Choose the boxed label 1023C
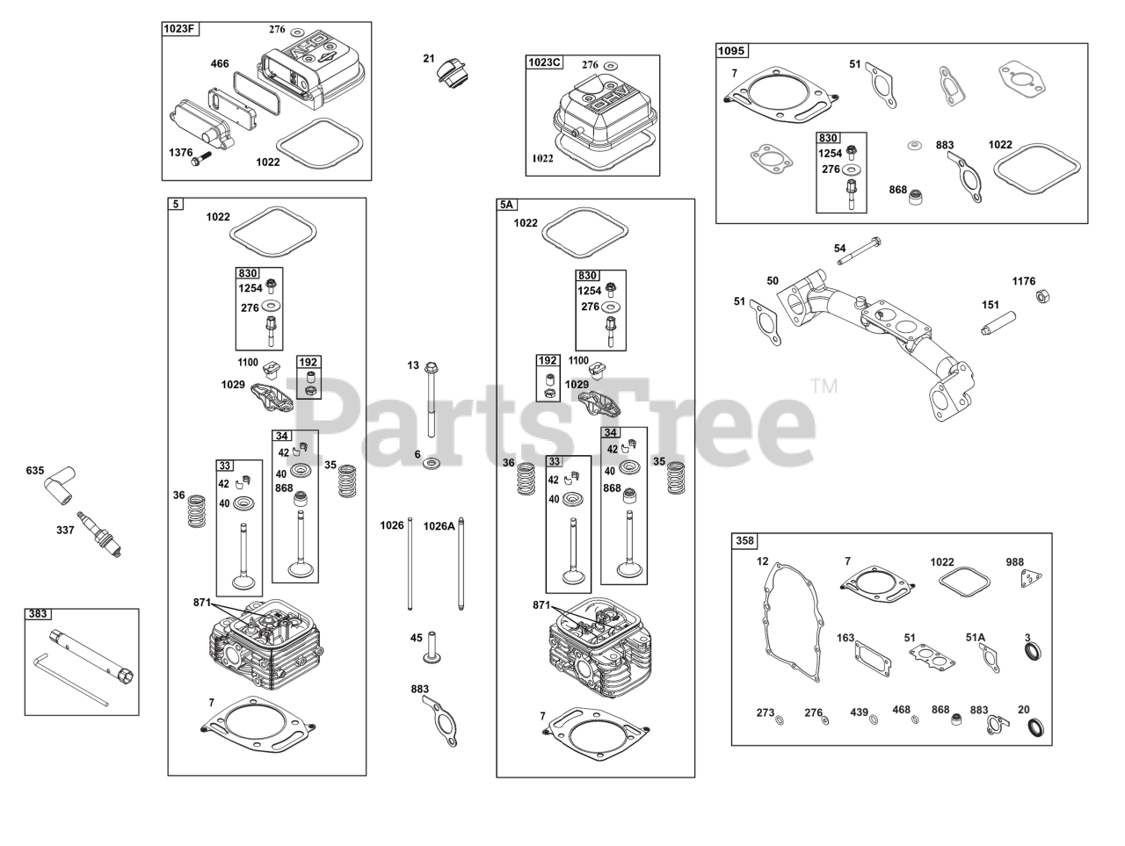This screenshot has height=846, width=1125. click(544, 62)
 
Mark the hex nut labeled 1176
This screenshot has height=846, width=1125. click(1041, 296)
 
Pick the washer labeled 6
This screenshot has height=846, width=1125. click(432, 463)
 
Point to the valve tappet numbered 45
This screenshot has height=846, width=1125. click(431, 651)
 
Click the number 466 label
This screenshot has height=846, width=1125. click(220, 63)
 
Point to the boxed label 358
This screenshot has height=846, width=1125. click(744, 540)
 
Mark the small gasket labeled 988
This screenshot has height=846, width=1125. click(1032, 580)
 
